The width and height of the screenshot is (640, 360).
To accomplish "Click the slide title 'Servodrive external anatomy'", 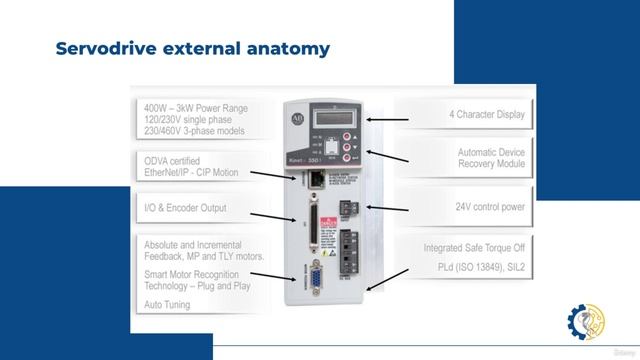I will coord(192,48).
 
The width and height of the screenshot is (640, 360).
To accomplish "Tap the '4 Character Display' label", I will coord(485,115).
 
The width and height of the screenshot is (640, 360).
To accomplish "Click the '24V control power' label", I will coord(490,207).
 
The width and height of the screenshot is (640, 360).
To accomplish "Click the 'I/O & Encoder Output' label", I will coord(185,208).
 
